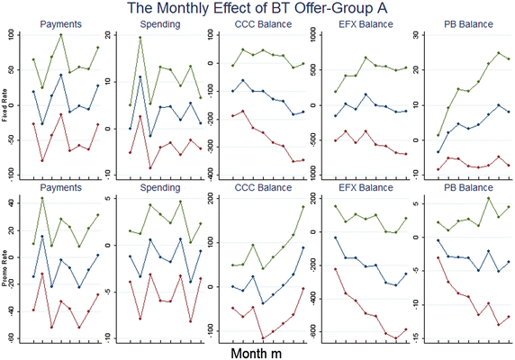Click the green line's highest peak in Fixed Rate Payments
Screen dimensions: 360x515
pyautogui.click(x=60, y=35)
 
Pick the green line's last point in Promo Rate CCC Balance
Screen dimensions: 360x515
pyautogui.click(x=303, y=207)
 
